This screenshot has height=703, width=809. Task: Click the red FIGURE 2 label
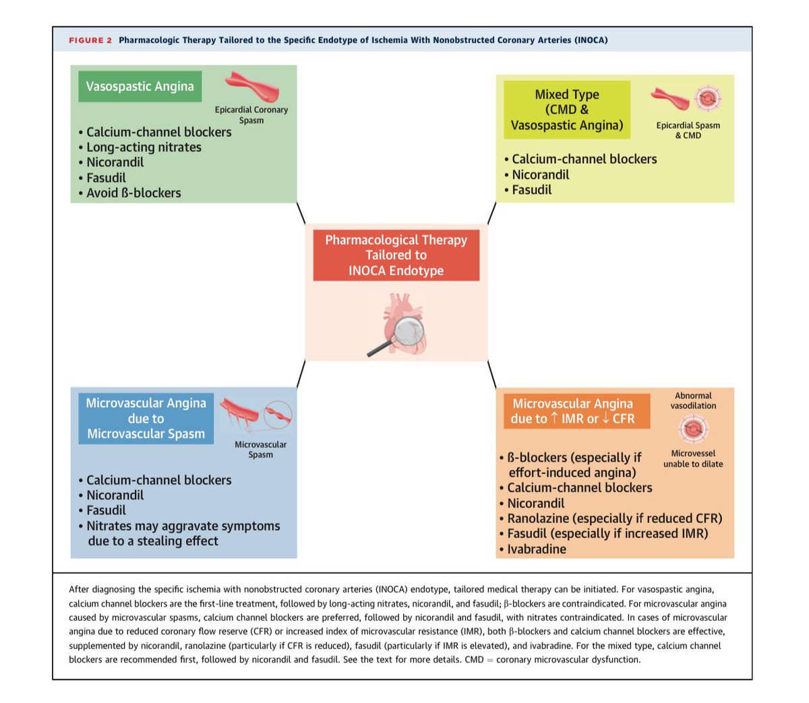tap(90, 40)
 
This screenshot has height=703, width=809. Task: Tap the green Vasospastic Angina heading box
tap(140, 87)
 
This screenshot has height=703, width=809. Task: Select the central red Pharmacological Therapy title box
tap(396, 255)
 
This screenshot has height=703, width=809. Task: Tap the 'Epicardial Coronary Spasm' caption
tap(251, 115)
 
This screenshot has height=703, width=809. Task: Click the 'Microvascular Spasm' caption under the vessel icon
tap(260, 450)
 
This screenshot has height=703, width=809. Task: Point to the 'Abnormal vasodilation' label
tap(693, 400)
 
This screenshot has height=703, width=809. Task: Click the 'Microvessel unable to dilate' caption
tap(693, 458)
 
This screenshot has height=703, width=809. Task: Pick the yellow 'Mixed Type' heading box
tap(567, 110)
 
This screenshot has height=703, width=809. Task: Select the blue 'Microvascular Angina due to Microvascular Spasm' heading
tap(146, 419)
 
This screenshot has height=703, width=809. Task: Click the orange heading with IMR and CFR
tap(573, 411)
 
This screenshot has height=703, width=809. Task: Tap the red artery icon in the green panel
tap(251, 86)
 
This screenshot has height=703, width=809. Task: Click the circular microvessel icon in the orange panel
tap(693, 429)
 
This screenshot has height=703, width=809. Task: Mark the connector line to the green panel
tap(301, 213)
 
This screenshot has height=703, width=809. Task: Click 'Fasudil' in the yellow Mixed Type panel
tap(531, 190)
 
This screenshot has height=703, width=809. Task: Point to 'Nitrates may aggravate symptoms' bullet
tap(183, 526)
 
